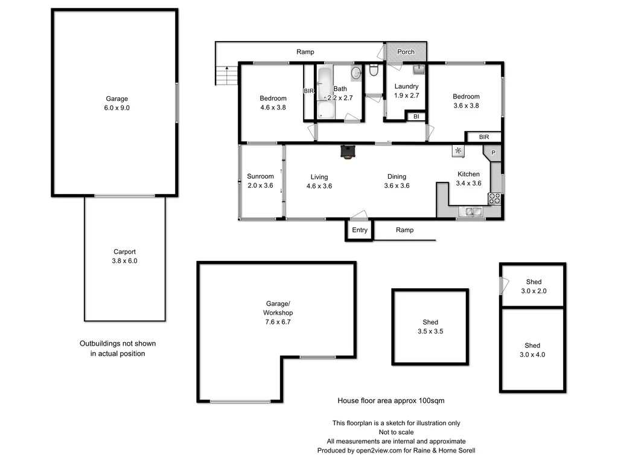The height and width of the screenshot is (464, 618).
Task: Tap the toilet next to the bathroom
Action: (374, 72)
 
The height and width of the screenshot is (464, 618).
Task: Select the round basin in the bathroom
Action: (356, 72)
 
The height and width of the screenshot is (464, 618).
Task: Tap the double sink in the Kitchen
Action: (469, 211)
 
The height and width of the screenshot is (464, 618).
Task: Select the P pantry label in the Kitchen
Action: (492, 153)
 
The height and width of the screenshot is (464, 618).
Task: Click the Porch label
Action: (406, 52)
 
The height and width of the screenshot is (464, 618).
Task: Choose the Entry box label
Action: (360, 230)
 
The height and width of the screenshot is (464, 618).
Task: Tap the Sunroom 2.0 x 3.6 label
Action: (260, 181)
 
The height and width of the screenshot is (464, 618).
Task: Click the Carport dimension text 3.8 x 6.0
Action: (126, 261)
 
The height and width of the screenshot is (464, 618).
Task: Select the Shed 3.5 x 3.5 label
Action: (430, 327)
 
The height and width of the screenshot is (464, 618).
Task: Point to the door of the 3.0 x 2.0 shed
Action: (502, 285)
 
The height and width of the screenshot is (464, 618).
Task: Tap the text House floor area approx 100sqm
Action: (391, 401)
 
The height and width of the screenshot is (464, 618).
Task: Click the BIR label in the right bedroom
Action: (483, 137)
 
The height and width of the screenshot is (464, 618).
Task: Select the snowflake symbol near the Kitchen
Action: (458, 150)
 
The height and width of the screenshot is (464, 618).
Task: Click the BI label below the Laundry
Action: (416, 117)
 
